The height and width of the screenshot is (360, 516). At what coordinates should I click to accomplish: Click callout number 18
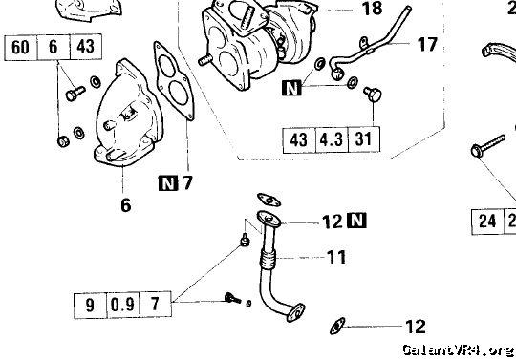(x=372, y=9)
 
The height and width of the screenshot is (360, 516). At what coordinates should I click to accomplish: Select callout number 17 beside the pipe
(x=427, y=44)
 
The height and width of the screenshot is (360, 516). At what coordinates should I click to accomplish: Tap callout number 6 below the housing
(x=126, y=205)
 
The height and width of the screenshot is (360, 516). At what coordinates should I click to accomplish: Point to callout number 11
(x=336, y=257)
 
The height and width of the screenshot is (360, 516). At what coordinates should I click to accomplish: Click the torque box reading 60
(x=20, y=47)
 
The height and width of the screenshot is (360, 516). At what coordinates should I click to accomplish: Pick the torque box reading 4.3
(x=332, y=139)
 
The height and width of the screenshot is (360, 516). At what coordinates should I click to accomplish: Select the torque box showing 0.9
(x=122, y=305)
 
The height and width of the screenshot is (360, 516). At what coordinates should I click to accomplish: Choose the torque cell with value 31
(x=363, y=139)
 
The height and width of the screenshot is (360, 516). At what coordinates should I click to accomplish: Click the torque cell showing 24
(x=487, y=222)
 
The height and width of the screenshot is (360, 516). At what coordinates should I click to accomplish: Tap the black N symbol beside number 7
(x=168, y=183)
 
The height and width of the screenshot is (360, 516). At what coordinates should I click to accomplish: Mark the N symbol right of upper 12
(x=356, y=221)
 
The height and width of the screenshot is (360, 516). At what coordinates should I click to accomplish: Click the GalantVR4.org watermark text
(x=459, y=349)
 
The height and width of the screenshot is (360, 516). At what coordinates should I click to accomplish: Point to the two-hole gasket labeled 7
(x=174, y=81)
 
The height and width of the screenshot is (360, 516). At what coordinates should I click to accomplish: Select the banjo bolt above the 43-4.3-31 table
(x=373, y=94)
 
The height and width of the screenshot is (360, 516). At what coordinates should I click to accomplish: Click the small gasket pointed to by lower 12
(x=337, y=327)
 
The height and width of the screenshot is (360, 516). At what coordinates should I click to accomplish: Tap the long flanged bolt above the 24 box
(x=488, y=146)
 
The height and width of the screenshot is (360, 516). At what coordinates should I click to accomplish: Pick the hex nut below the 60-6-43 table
(x=63, y=141)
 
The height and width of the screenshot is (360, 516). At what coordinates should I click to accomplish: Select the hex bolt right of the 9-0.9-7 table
(x=232, y=299)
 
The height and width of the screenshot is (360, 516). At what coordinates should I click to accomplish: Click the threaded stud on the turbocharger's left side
(x=204, y=60)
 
